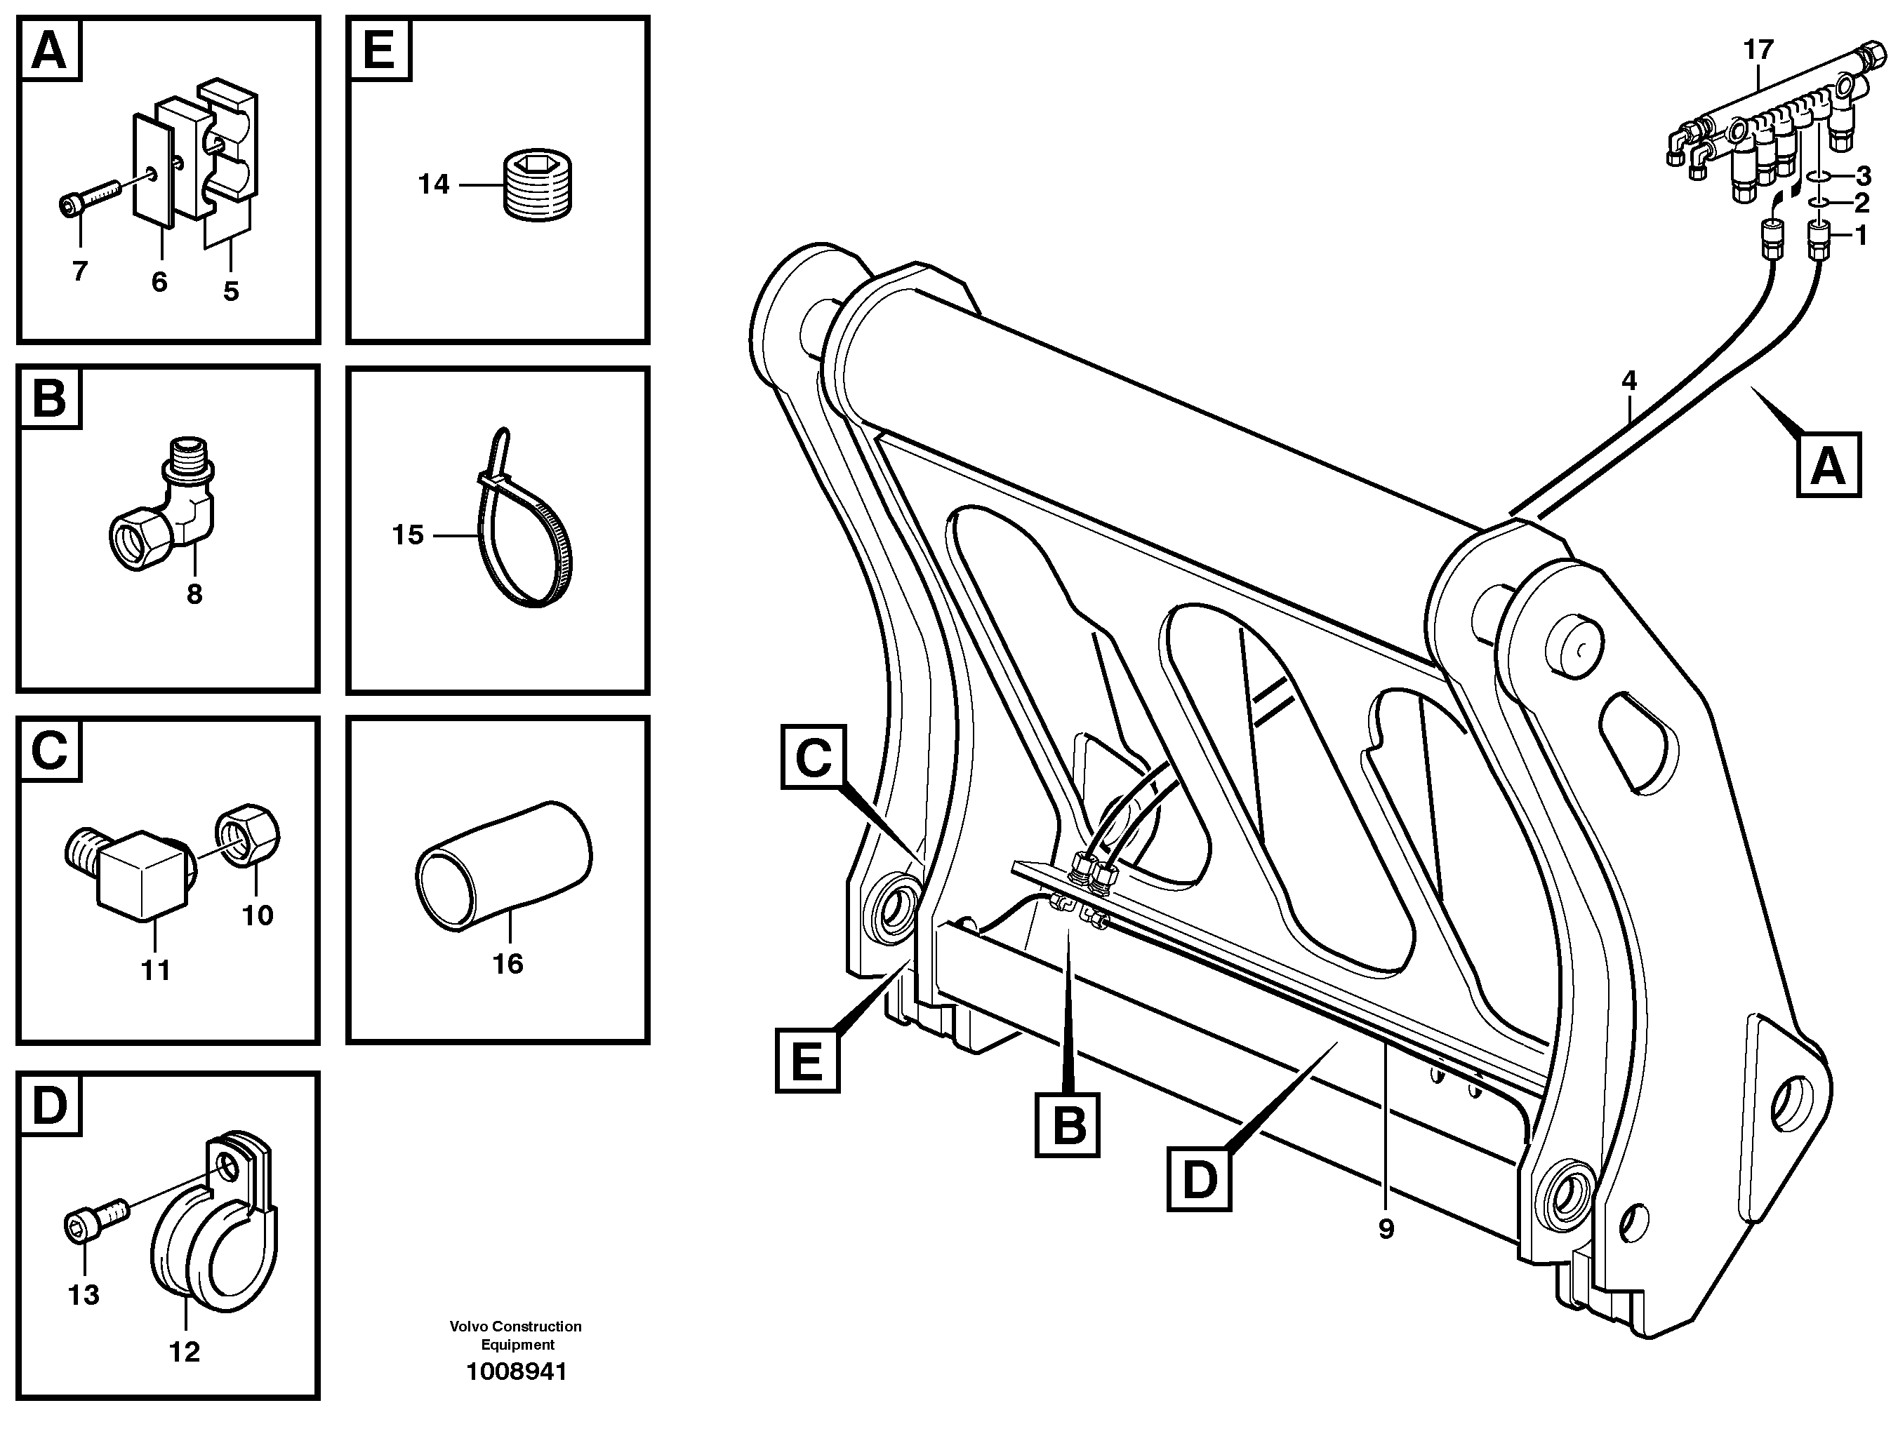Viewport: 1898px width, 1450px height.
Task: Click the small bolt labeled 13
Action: pyautogui.click(x=95, y=1221)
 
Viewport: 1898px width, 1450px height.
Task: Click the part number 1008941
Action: pyautogui.click(x=517, y=1371)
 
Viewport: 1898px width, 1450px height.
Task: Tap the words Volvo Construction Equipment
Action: pyautogui.click(x=515, y=1334)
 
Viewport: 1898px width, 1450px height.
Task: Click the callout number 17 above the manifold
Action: pyautogui.click(x=1758, y=50)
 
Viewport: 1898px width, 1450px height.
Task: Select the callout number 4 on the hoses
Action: pyautogui.click(x=1628, y=380)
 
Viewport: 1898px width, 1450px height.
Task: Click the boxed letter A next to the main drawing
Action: pyautogui.click(x=1827, y=467)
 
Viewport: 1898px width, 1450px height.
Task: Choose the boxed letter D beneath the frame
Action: pyautogui.click(x=1199, y=1178)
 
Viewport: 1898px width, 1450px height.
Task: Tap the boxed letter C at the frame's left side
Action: pyautogui.click(x=813, y=758)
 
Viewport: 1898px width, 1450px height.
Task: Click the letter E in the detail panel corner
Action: pyautogui.click(x=379, y=48)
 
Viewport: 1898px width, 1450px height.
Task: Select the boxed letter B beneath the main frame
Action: pyautogui.click(x=1068, y=1125)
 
